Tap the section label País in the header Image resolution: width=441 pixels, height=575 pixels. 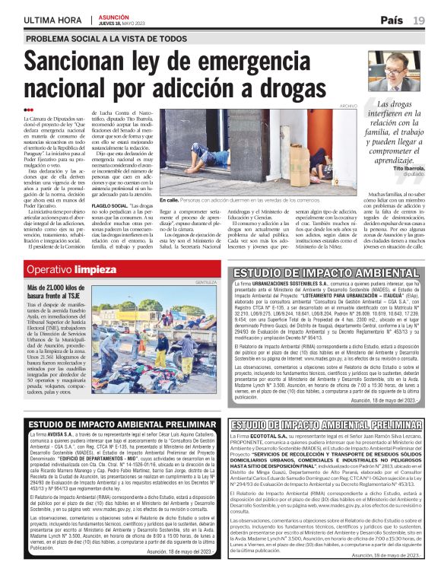[x=392, y=21]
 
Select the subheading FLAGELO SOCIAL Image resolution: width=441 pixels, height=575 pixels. [x=110, y=205]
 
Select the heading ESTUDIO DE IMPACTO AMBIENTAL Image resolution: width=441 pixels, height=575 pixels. [x=325, y=272]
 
